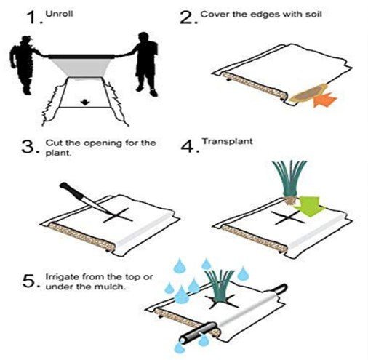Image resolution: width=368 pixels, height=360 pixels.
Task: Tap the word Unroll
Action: pos(59,14)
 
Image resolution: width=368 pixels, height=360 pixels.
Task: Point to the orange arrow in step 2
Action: pos(324,100)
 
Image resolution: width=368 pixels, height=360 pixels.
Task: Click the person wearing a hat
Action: pos(24,65)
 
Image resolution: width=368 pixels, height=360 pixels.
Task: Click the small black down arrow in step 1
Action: pos(85,102)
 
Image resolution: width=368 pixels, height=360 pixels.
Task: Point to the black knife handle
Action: pos(70,191)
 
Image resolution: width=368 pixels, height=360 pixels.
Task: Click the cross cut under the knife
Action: pos(118,215)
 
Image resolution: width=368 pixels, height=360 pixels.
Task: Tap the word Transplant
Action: pos(228,141)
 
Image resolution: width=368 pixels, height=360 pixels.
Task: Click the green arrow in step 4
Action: pos(308,207)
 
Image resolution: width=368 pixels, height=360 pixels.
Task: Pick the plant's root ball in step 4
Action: pos(291,201)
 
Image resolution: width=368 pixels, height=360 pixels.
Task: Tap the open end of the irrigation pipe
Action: pos(184,340)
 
